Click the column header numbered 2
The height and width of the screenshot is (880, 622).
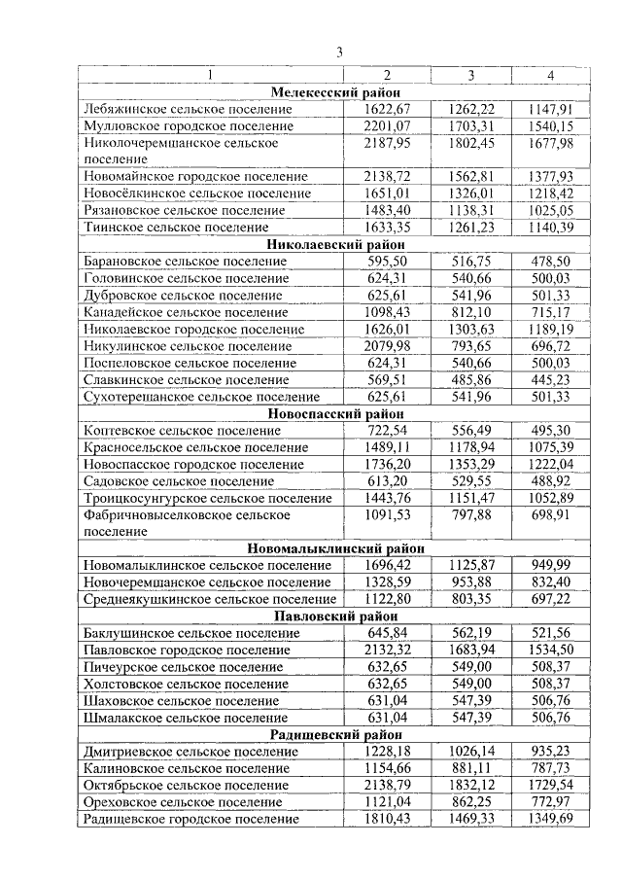pos(387,76)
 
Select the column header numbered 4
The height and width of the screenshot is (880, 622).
pos(550,76)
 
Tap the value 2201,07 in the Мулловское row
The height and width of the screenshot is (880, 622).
pos(387,125)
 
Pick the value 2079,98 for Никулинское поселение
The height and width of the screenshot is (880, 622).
pos(387,345)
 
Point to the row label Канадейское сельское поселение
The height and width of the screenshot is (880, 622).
pos(187,312)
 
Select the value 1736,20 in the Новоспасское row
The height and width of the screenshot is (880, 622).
pos(387,464)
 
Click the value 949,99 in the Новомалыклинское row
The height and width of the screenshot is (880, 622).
pos(550,565)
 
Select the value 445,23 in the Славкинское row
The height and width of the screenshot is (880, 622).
pos(550,379)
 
